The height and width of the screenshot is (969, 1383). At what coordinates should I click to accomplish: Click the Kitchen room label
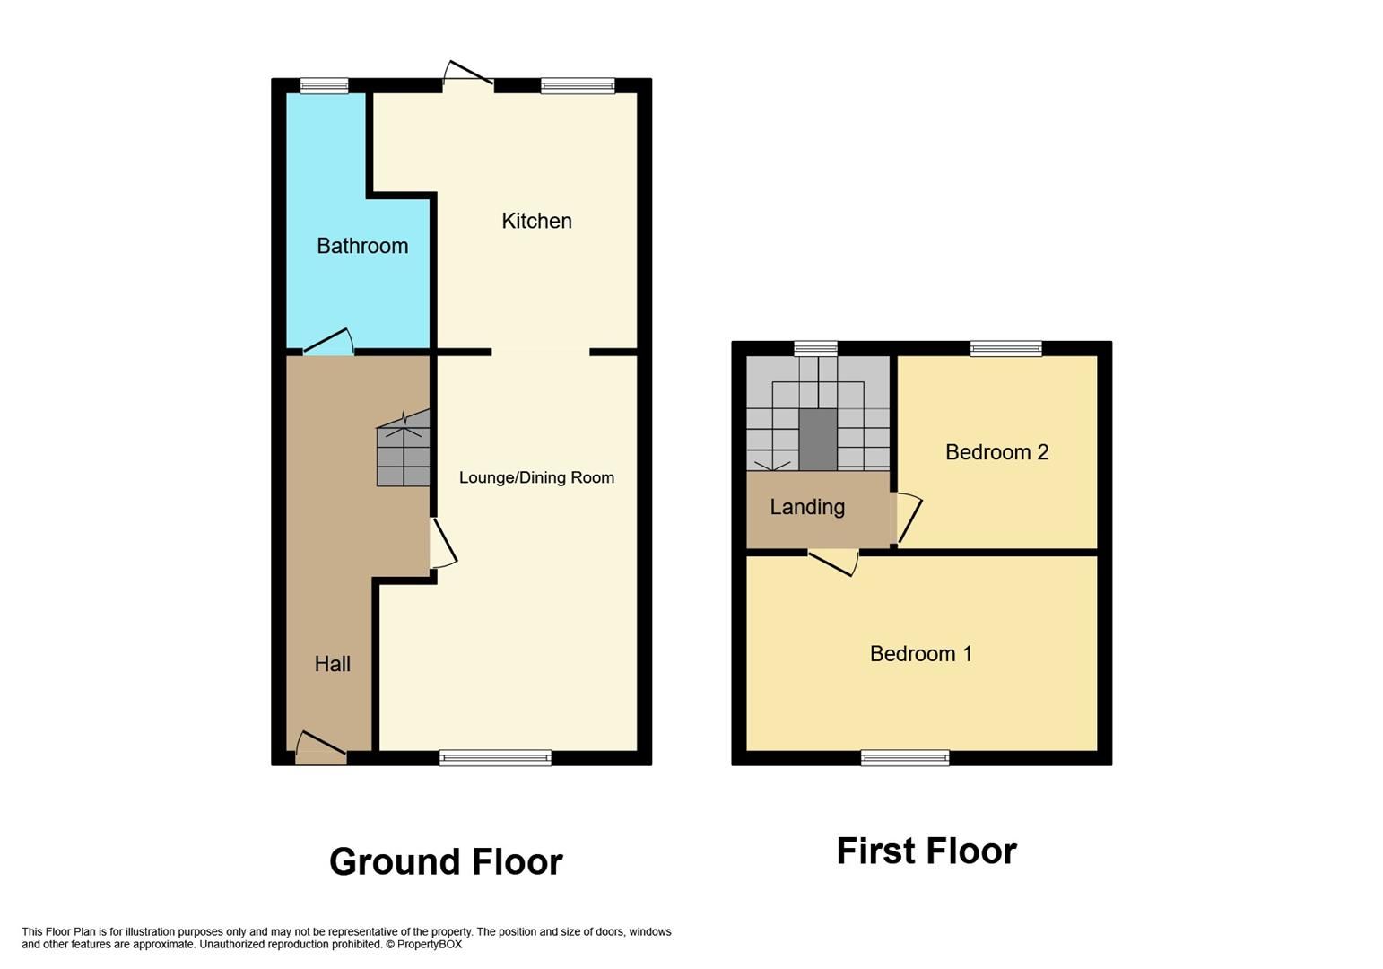tap(536, 221)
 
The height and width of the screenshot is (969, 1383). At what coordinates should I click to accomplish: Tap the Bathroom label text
tap(362, 246)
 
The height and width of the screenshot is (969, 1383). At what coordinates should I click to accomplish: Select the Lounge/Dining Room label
tap(536, 477)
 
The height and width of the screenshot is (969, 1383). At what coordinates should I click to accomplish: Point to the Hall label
tap(332, 664)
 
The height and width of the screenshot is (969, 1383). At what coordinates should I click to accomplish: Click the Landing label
tap(807, 507)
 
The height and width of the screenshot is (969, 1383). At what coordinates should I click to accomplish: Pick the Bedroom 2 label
tap(996, 452)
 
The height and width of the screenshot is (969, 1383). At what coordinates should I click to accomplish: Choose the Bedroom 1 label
tap(920, 654)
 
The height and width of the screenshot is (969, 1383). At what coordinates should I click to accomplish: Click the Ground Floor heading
tap(446, 862)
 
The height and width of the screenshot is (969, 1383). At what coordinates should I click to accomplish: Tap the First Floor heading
tap(926, 851)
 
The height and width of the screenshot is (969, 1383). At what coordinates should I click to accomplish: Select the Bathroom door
tap(328, 344)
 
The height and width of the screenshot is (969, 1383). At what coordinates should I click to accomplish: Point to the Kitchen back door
tap(468, 75)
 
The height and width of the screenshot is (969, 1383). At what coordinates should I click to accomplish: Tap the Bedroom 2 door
tap(908, 519)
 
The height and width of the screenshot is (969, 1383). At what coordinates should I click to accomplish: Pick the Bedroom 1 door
tap(833, 563)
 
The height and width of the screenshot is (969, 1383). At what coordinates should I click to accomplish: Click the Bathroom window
tap(324, 86)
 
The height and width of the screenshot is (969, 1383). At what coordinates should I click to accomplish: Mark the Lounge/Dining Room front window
tap(495, 759)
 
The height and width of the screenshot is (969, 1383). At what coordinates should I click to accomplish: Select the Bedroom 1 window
tap(904, 759)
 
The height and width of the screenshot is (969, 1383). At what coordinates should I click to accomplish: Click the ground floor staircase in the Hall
tap(403, 454)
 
